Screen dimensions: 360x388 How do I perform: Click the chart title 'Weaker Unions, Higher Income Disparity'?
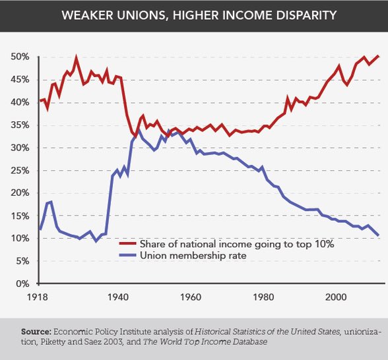click(194, 15)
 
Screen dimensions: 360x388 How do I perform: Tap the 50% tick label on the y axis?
click(20, 57)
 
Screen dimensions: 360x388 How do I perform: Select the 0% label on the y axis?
click(22, 283)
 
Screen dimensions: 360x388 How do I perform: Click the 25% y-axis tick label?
click(20, 170)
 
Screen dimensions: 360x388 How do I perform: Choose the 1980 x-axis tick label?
click(262, 297)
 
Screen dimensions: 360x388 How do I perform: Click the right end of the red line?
click(378, 56)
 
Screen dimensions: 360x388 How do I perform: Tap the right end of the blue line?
click(378, 235)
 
